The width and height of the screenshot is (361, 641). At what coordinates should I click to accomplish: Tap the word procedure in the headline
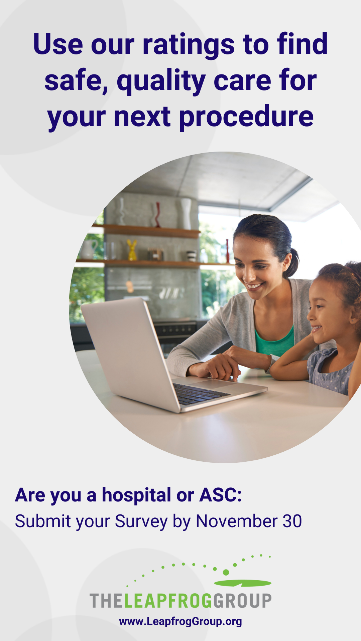247,118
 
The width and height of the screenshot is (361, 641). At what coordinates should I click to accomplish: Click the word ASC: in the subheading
221,495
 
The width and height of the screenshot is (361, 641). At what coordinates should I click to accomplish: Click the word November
237,521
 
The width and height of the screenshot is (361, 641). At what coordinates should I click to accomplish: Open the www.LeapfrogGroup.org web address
180,622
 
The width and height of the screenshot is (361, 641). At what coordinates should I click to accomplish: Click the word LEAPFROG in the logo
168,601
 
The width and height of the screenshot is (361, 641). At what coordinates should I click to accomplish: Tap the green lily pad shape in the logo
243,583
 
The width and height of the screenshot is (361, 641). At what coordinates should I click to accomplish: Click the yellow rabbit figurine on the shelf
132,250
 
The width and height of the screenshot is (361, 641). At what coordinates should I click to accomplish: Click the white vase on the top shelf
186,214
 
